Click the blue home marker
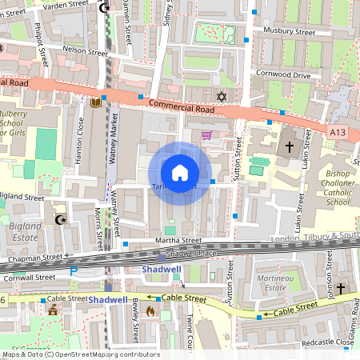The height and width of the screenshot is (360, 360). click(180, 173)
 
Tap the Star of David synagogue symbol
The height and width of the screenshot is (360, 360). click(222, 97)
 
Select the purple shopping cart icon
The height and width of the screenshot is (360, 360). click(206, 135)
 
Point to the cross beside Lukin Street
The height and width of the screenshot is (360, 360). click(290, 147)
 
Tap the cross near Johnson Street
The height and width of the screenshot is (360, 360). click(340, 287)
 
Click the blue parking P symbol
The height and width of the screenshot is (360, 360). click(75, 272)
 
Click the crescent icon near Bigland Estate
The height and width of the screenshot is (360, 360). click(58, 218)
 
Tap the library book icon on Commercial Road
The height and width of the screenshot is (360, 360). click(97, 102)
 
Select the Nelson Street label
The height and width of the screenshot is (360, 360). click(85, 50)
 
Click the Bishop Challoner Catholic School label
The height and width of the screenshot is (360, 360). click(338, 188)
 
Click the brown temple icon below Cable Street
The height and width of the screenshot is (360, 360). click(53, 310)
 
